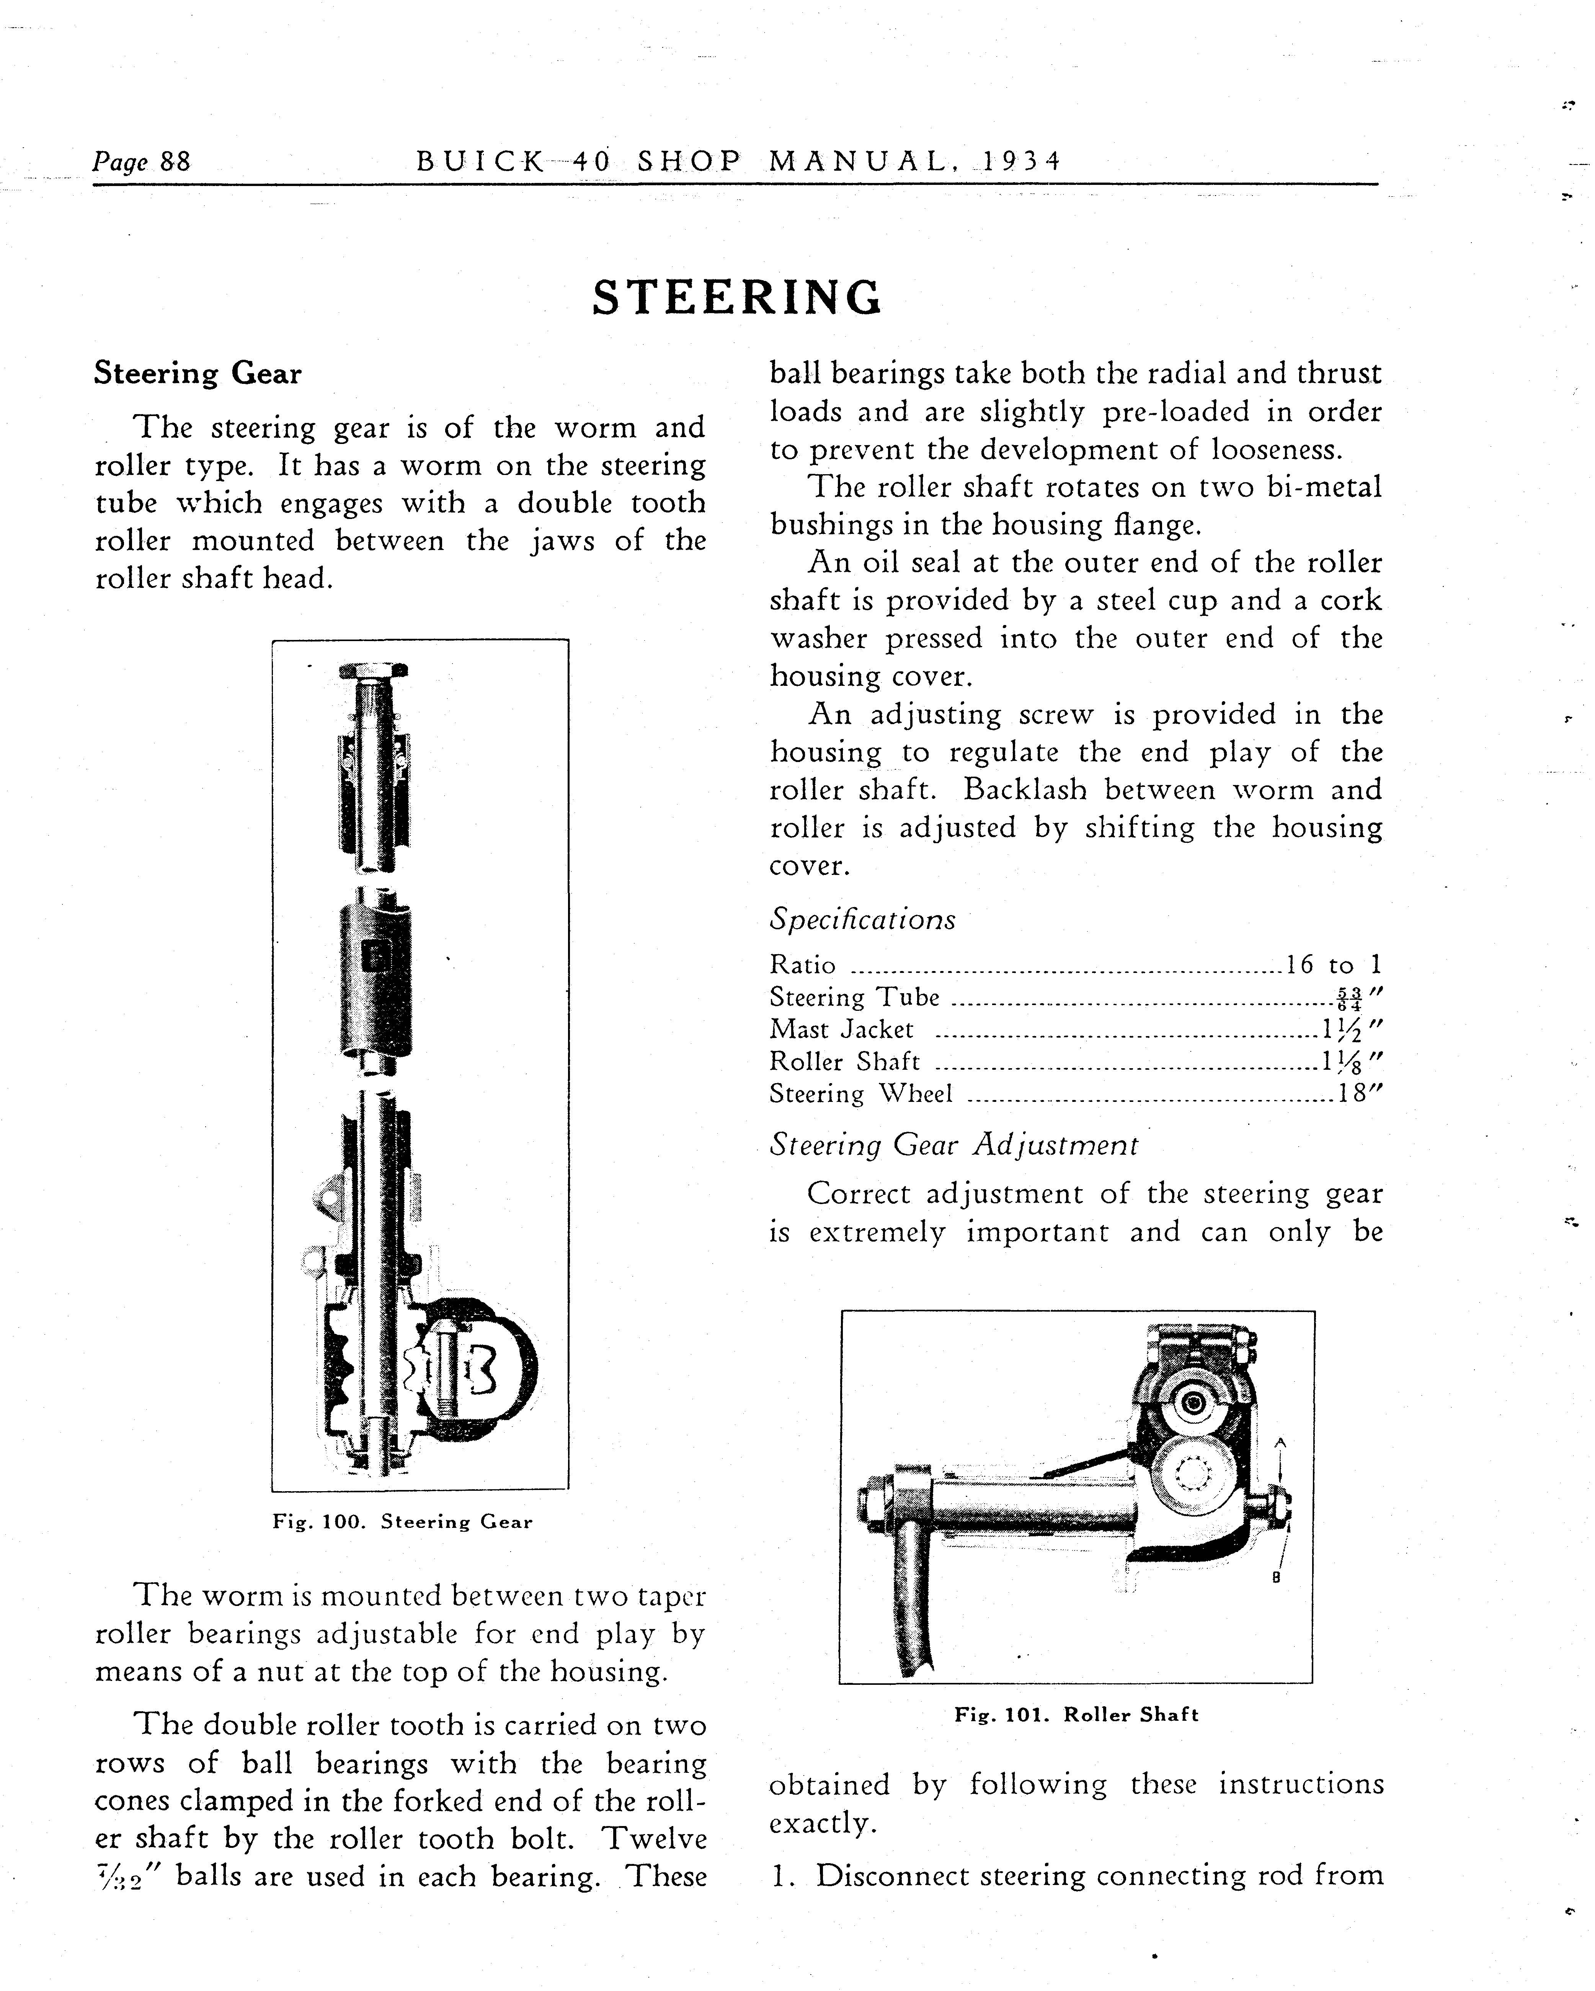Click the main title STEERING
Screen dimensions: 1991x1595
737,297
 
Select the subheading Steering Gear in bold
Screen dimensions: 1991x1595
198,374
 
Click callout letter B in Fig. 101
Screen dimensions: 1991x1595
1275,1578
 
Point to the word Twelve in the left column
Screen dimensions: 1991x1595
655,1839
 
